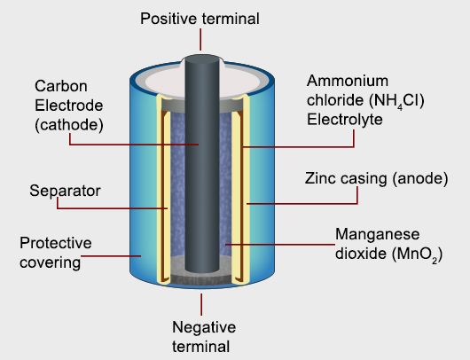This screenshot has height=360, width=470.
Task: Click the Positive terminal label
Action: pyautogui.click(x=200, y=19)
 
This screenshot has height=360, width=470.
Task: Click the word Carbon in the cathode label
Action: pyautogui.click(x=59, y=86)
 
